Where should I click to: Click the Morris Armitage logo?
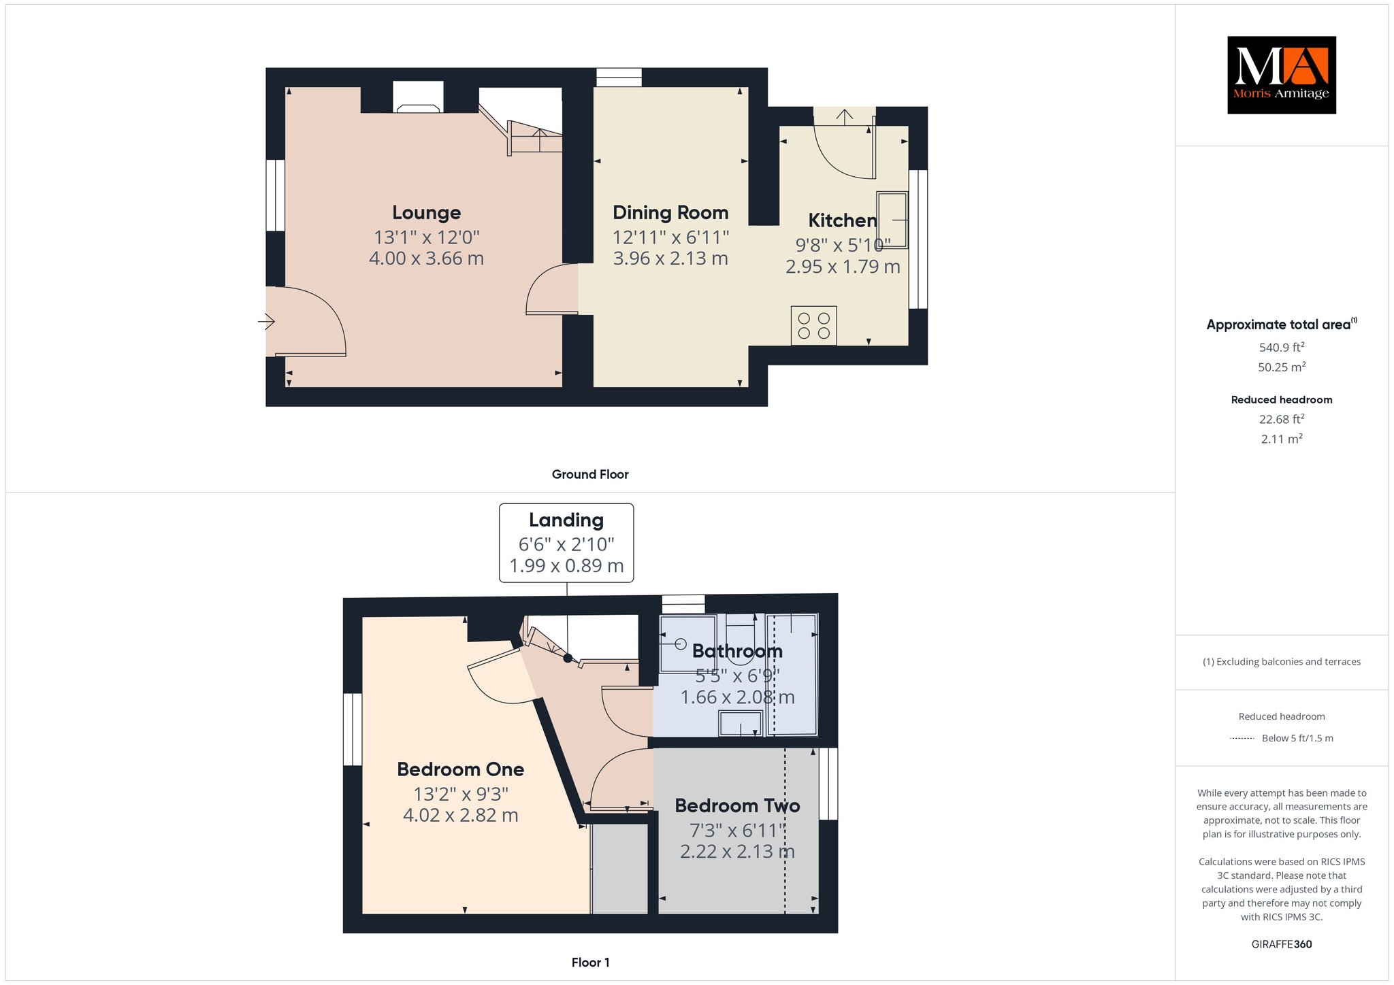(x=1281, y=75)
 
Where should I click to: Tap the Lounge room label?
(x=427, y=213)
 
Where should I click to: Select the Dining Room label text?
(x=670, y=213)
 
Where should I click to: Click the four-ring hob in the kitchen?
(x=814, y=326)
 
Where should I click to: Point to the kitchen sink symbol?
(x=892, y=220)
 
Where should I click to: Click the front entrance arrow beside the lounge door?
(x=266, y=321)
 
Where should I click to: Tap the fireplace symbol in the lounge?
(x=418, y=108)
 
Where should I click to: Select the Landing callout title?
(x=566, y=520)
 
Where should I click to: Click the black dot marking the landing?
(x=568, y=658)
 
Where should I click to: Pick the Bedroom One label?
(x=461, y=769)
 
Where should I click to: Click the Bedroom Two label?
(x=737, y=805)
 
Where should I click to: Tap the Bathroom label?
(x=737, y=651)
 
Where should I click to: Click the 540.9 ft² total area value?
(x=1282, y=347)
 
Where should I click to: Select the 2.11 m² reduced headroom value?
(x=1282, y=439)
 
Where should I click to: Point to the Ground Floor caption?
(x=590, y=474)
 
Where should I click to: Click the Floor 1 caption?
(x=591, y=963)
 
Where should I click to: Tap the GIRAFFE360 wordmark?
(x=1282, y=944)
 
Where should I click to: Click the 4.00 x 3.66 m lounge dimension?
(x=427, y=258)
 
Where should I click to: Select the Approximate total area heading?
(x=1282, y=324)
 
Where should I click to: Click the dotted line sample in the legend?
(x=1242, y=738)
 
